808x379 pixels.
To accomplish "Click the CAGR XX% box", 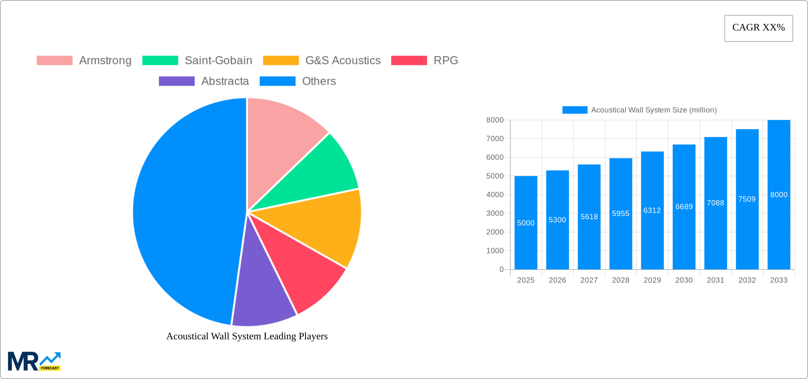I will point(758,28).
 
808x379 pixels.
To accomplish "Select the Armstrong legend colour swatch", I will point(55,61).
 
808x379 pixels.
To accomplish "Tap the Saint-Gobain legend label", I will point(218,61).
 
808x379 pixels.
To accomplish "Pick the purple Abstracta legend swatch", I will point(176,81).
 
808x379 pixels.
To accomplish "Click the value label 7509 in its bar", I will point(747,199).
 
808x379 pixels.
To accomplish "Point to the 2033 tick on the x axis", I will point(779,280).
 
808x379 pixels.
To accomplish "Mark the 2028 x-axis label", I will point(621,280).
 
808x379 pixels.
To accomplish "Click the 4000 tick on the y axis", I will point(495,195).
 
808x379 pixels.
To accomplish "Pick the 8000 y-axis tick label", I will point(495,120).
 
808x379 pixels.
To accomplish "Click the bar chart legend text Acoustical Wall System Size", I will point(654,110).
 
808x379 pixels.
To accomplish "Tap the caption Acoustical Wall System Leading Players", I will point(247,336).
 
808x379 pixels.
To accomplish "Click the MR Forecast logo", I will point(34,361).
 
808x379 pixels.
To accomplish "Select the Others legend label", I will point(319,81).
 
